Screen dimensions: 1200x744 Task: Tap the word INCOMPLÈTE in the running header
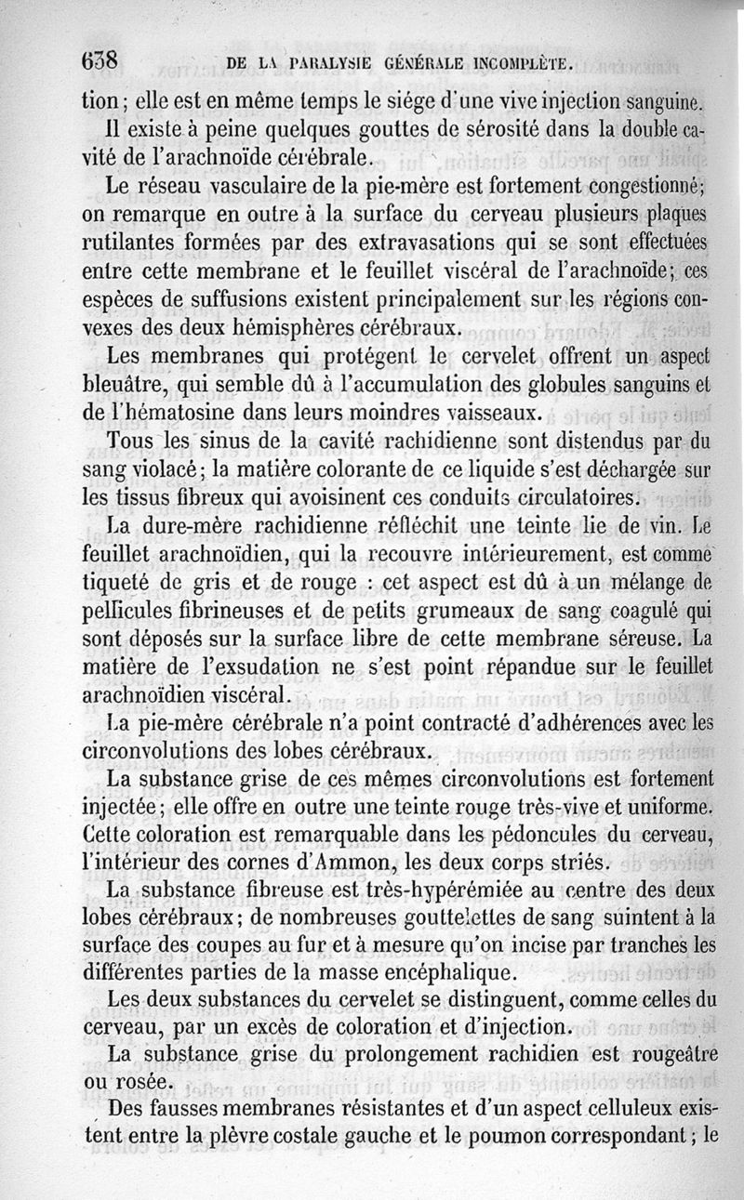coord(511,65)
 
